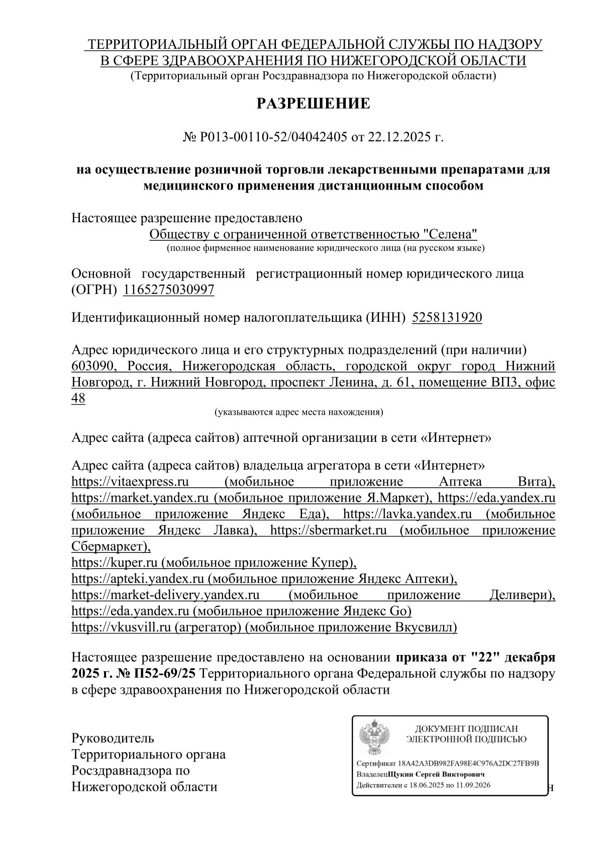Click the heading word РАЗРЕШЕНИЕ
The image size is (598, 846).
tap(314, 104)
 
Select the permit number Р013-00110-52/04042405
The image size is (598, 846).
tap(273, 137)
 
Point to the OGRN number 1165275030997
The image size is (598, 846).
tap(168, 290)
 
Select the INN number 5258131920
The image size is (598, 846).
tap(447, 318)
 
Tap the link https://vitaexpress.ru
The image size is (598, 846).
tap(130, 482)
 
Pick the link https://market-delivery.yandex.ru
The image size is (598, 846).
tap(165, 595)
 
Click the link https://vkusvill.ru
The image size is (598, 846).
tap(122, 627)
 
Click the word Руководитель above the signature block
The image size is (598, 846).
tap(113, 738)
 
